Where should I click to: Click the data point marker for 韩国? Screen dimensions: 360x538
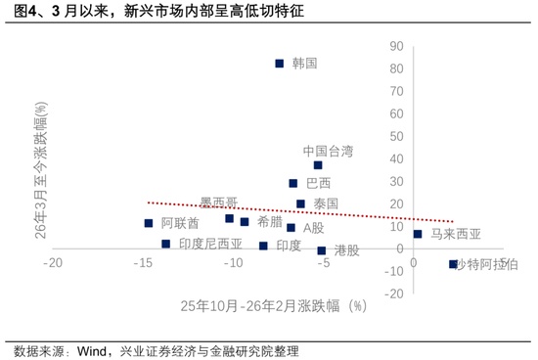[x=280, y=64]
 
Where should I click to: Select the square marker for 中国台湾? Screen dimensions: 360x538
[x=318, y=165]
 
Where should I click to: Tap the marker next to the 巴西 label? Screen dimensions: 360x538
[x=293, y=183]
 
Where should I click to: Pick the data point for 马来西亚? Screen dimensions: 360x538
[x=418, y=234]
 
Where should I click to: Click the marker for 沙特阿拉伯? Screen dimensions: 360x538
[x=453, y=264]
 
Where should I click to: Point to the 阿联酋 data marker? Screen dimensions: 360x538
[x=149, y=223]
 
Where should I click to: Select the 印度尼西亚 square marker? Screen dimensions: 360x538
[x=166, y=244]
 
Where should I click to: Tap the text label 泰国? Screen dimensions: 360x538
[x=326, y=203]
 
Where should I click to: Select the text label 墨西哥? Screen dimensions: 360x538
[x=218, y=202]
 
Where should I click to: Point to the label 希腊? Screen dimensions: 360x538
[x=271, y=222]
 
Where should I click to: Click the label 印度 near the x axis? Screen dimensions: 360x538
[x=289, y=245]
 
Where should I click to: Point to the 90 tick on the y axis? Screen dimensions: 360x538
[x=396, y=46]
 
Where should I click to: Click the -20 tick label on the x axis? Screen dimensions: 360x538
[x=53, y=264]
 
